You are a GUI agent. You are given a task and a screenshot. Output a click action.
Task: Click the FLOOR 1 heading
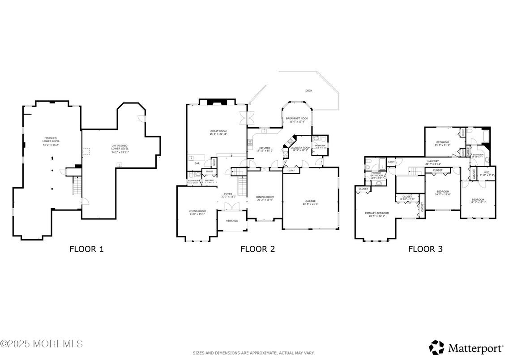coord(86,249)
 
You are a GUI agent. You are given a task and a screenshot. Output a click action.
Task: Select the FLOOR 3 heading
coord(425,249)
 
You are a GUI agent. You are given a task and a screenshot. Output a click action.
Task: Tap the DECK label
coord(308,91)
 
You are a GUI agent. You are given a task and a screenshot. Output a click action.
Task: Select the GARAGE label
coord(311,202)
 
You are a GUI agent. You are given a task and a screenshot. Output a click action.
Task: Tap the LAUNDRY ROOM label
coord(300,148)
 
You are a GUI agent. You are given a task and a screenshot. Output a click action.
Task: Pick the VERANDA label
coord(232,221)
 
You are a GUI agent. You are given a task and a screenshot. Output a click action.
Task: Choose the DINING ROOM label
coord(265,197)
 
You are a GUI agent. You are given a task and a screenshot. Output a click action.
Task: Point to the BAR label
coord(197,163)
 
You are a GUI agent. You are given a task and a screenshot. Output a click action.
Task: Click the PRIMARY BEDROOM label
coord(376,213)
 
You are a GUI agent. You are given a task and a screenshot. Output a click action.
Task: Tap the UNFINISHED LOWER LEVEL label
coord(120,147)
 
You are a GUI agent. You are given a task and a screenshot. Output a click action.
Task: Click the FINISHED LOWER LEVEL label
coord(50,139)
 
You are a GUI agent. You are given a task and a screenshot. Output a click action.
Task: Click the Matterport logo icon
coord(436,347)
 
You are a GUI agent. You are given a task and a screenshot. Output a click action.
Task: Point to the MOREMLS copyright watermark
coord(42,344)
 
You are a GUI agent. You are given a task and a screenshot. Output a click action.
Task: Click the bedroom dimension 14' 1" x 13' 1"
coord(478,202)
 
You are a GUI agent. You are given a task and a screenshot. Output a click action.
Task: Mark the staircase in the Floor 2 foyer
coord(242,186)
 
